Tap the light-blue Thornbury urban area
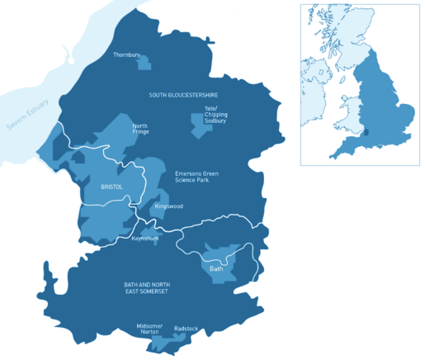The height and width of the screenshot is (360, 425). [x=144, y=63]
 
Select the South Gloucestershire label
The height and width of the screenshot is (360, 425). [x=183, y=95]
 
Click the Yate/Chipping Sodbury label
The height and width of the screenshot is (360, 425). [x=215, y=114]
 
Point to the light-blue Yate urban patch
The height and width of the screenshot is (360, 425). [x=199, y=125]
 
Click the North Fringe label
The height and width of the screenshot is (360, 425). [x=140, y=130]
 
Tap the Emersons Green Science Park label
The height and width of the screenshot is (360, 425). [x=197, y=177]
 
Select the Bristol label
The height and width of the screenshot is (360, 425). [x=111, y=187]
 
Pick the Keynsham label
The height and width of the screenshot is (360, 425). [x=145, y=239]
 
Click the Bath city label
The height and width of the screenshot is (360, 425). [x=216, y=268]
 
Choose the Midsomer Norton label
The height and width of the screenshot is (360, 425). [x=150, y=329]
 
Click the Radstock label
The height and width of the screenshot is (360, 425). [x=186, y=328]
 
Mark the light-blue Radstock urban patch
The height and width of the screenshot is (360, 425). [x=183, y=336]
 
